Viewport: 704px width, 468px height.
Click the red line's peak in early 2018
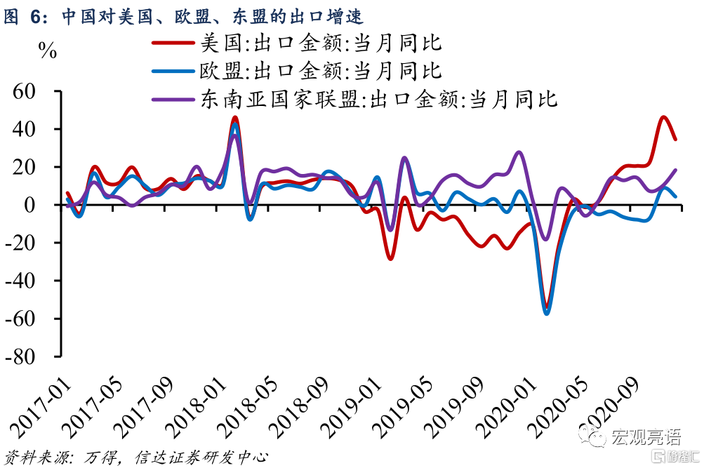(235, 117)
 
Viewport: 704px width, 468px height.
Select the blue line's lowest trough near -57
(547, 313)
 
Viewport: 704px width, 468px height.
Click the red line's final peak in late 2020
(664, 117)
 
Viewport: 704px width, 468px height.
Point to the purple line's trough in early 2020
(545, 240)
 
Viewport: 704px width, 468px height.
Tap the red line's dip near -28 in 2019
(390, 259)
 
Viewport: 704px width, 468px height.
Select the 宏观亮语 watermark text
(645, 438)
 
